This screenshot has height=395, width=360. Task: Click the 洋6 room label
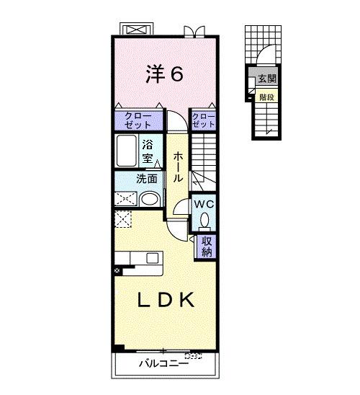164,74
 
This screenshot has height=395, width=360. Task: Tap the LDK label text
166,300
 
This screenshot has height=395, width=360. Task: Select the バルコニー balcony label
163,363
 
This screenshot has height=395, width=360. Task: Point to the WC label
204,204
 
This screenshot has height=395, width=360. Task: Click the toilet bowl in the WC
204,220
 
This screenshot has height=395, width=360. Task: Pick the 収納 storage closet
207,247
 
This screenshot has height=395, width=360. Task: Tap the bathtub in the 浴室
127,151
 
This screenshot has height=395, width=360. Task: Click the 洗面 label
147,179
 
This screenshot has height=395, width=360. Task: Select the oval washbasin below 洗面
150,199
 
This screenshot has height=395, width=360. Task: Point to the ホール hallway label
177,167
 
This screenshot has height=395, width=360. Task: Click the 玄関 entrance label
267,79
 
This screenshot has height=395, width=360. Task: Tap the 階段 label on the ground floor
267,97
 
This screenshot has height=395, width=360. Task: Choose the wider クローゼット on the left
138,120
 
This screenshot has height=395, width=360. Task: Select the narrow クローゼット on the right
203,120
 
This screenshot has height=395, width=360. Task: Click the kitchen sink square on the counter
153,258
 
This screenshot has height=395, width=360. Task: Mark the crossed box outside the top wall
136,29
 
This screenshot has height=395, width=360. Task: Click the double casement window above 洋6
194,32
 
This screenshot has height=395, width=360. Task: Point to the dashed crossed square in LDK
123,219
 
